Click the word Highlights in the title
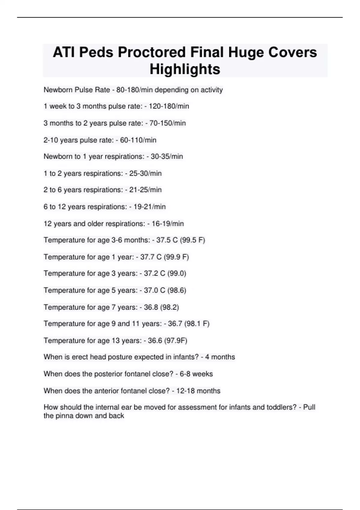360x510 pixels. pyautogui.click(x=185, y=69)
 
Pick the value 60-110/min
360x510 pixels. pyautogui.click(x=138, y=140)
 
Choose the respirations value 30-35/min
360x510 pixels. pyautogui.click(x=167, y=157)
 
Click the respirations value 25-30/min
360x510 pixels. pyautogui.click(x=145, y=173)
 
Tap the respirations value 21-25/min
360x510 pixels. pyautogui.click(x=145, y=190)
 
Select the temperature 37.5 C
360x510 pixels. pyautogui.click(x=167, y=240)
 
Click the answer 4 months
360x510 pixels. pyautogui.click(x=220, y=357)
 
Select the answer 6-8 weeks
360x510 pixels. pyautogui.click(x=196, y=374)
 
